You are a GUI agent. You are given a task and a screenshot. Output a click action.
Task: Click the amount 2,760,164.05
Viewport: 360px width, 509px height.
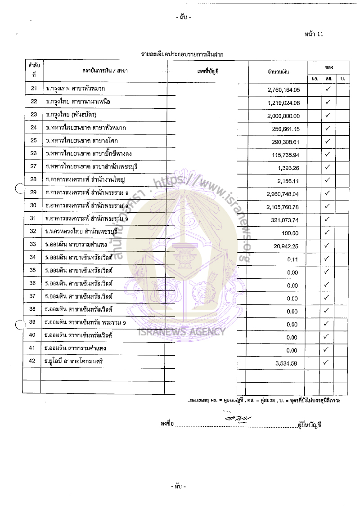pyautogui.click(x=286, y=90)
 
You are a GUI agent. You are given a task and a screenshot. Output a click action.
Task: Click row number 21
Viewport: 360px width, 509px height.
pyautogui.click(x=33, y=89)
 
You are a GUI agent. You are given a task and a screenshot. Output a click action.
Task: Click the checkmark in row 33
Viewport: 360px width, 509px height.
pyautogui.click(x=328, y=246)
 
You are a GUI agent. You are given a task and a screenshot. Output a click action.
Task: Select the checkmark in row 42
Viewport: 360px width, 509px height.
pyautogui.click(x=328, y=362)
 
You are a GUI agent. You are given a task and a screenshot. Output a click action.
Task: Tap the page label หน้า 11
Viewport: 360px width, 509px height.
pyautogui.click(x=314, y=34)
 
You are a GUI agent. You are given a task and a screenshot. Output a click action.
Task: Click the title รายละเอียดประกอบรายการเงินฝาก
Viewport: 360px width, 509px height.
pyautogui.click(x=182, y=54)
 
